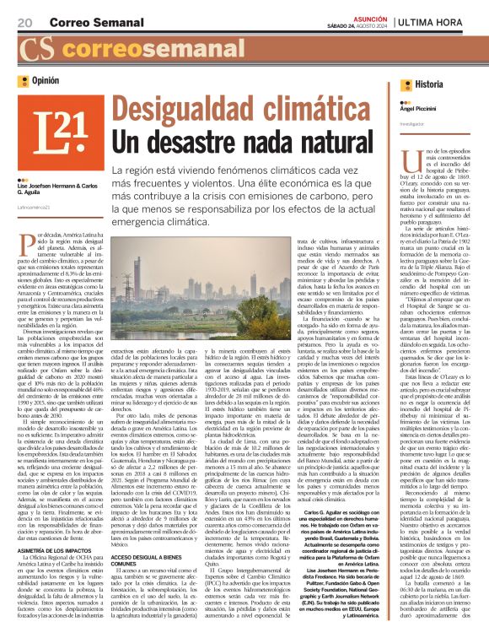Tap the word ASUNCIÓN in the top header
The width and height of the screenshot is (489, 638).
click(368, 16)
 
